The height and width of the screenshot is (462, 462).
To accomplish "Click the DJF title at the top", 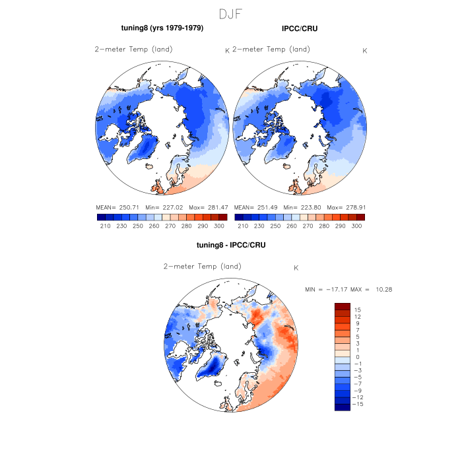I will coord(230,13).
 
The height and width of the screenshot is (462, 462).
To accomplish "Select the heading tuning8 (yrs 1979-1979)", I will coord(162,28).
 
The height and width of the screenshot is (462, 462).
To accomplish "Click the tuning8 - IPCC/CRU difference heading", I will coord(230,246).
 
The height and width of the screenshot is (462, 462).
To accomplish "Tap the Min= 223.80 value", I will coord(302,207).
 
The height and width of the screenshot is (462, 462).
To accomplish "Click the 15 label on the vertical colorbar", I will coord(356,310).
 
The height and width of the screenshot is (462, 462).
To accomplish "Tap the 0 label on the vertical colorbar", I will coord(356,356).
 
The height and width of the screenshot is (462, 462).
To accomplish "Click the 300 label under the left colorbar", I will coord(219,226).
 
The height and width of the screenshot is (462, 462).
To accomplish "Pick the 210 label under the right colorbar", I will coord(243,226).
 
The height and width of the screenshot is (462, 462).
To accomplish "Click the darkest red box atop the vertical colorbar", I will coord(341,306).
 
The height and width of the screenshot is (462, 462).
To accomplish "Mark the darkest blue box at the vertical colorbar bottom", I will coord(341,407).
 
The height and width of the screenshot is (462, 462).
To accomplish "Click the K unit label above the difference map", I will coord(296,267).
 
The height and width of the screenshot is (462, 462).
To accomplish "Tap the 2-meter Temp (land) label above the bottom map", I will coord(203,267).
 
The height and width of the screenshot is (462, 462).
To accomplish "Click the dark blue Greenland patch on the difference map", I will coord(214,365).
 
